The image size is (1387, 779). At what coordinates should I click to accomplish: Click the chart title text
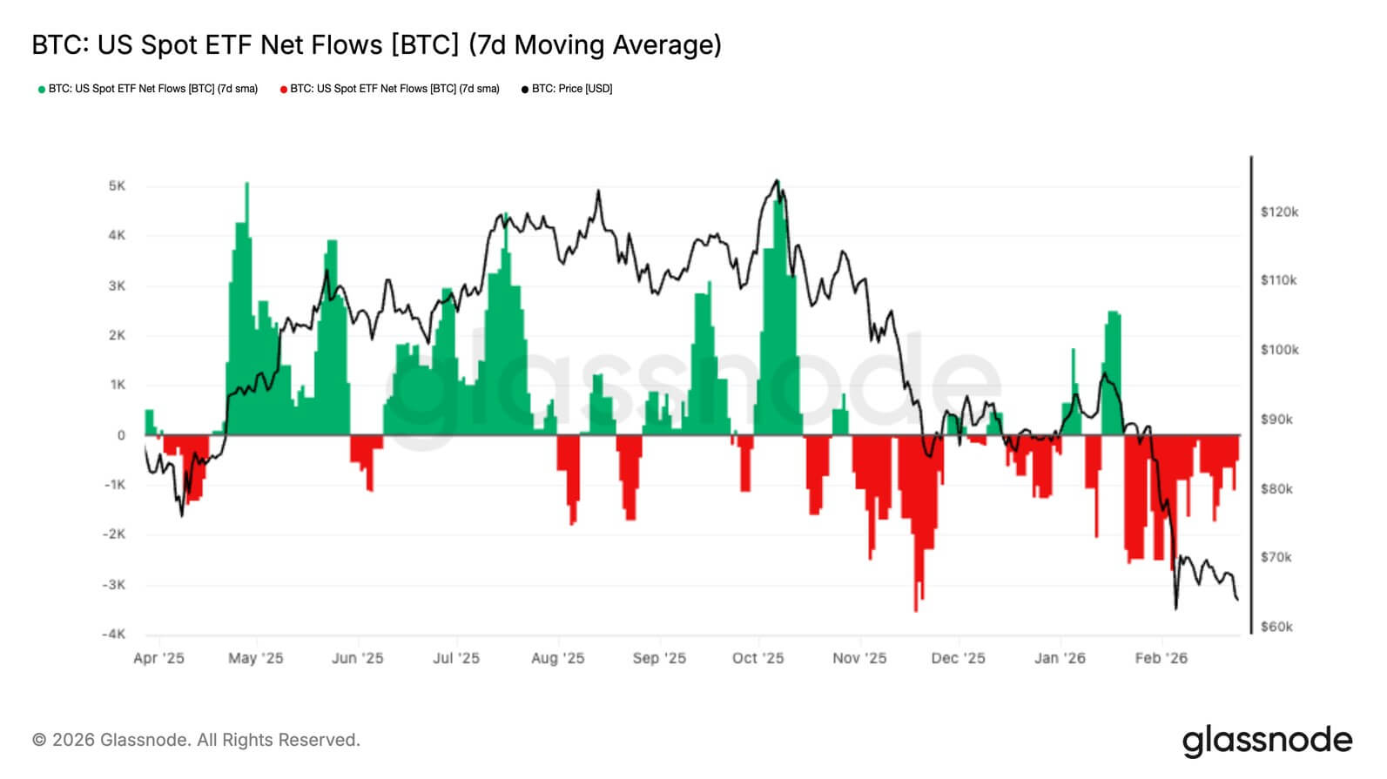coord(376,44)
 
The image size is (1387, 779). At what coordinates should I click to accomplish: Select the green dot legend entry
coord(148,89)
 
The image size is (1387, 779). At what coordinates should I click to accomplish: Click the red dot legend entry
coord(390,89)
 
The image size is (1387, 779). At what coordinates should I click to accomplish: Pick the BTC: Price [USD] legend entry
coord(567,89)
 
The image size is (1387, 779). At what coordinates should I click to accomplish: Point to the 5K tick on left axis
coord(117,186)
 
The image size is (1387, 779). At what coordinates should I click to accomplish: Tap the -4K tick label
coord(113,634)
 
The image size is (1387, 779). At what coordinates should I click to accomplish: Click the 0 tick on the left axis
coord(121,435)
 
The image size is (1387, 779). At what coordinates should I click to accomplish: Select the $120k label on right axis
coord(1279,212)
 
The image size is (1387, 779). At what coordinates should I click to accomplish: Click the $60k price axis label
coord(1276,627)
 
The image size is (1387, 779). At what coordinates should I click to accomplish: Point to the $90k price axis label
coord(1276,420)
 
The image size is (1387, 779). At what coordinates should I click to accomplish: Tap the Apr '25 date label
coord(158,658)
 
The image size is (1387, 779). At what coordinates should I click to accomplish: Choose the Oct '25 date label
coord(757,658)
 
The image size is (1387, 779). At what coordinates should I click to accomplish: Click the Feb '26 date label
coord(1161,658)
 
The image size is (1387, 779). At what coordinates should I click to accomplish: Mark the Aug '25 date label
coord(557,658)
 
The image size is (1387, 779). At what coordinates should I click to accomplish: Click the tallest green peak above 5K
coord(246,185)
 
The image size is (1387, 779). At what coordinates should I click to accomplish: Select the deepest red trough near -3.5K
coord(915,609)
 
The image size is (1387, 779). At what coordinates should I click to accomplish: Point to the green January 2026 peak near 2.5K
coord(1113,313)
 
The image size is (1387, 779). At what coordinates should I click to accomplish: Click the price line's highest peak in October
coord(777,181)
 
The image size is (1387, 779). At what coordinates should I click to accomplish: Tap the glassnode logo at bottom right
coord(1267,741)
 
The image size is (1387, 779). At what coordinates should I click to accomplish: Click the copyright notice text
coord(196,740)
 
